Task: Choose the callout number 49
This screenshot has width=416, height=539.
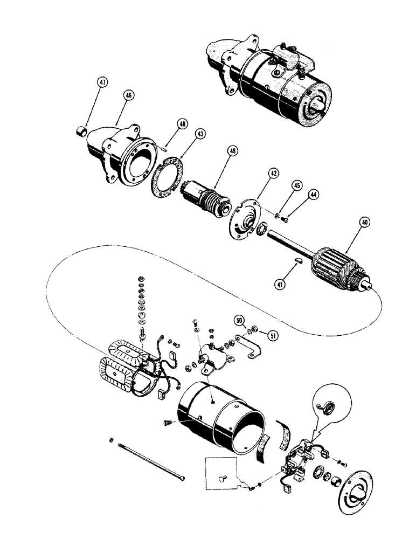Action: (232, 152)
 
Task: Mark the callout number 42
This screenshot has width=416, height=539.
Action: (274, 174)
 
